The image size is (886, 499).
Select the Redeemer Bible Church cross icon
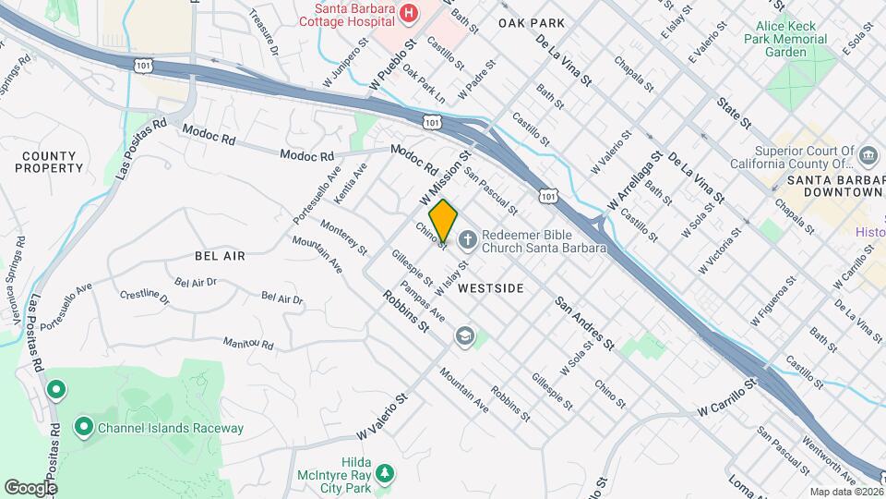click(467, 240)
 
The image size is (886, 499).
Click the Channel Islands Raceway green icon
click(84, 427)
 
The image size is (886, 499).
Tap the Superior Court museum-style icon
click(868, 154)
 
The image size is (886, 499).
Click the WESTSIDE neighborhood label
click(491, 288)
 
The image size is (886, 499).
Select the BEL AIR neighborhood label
click(220, 256)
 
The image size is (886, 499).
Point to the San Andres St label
click(584, 323)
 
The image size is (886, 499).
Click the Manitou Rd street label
click(248, 344)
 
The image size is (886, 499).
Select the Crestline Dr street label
click(145, 297)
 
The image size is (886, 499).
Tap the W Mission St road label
click(446, 178)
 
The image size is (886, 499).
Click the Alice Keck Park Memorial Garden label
click(786, 40)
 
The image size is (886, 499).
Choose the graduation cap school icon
click(464, 336)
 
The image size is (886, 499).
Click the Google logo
click(30, 487)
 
